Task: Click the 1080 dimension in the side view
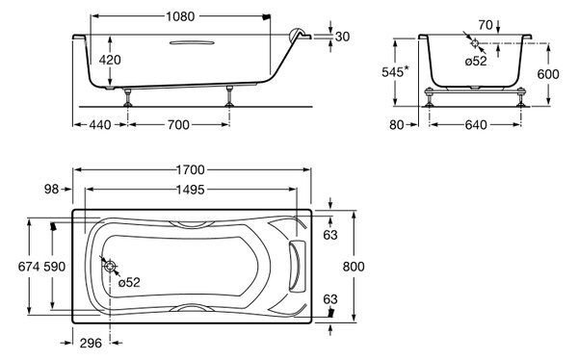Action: (180, 16)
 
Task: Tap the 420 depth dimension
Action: (110, 60)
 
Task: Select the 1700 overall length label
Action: (190, 169)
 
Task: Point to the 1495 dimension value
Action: (190, 190)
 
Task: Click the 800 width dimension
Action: (354, 267)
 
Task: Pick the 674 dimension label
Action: (29, 267)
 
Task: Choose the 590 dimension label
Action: (55, 267)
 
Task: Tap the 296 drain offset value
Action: (91, 344)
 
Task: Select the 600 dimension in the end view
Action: (548, 74)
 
